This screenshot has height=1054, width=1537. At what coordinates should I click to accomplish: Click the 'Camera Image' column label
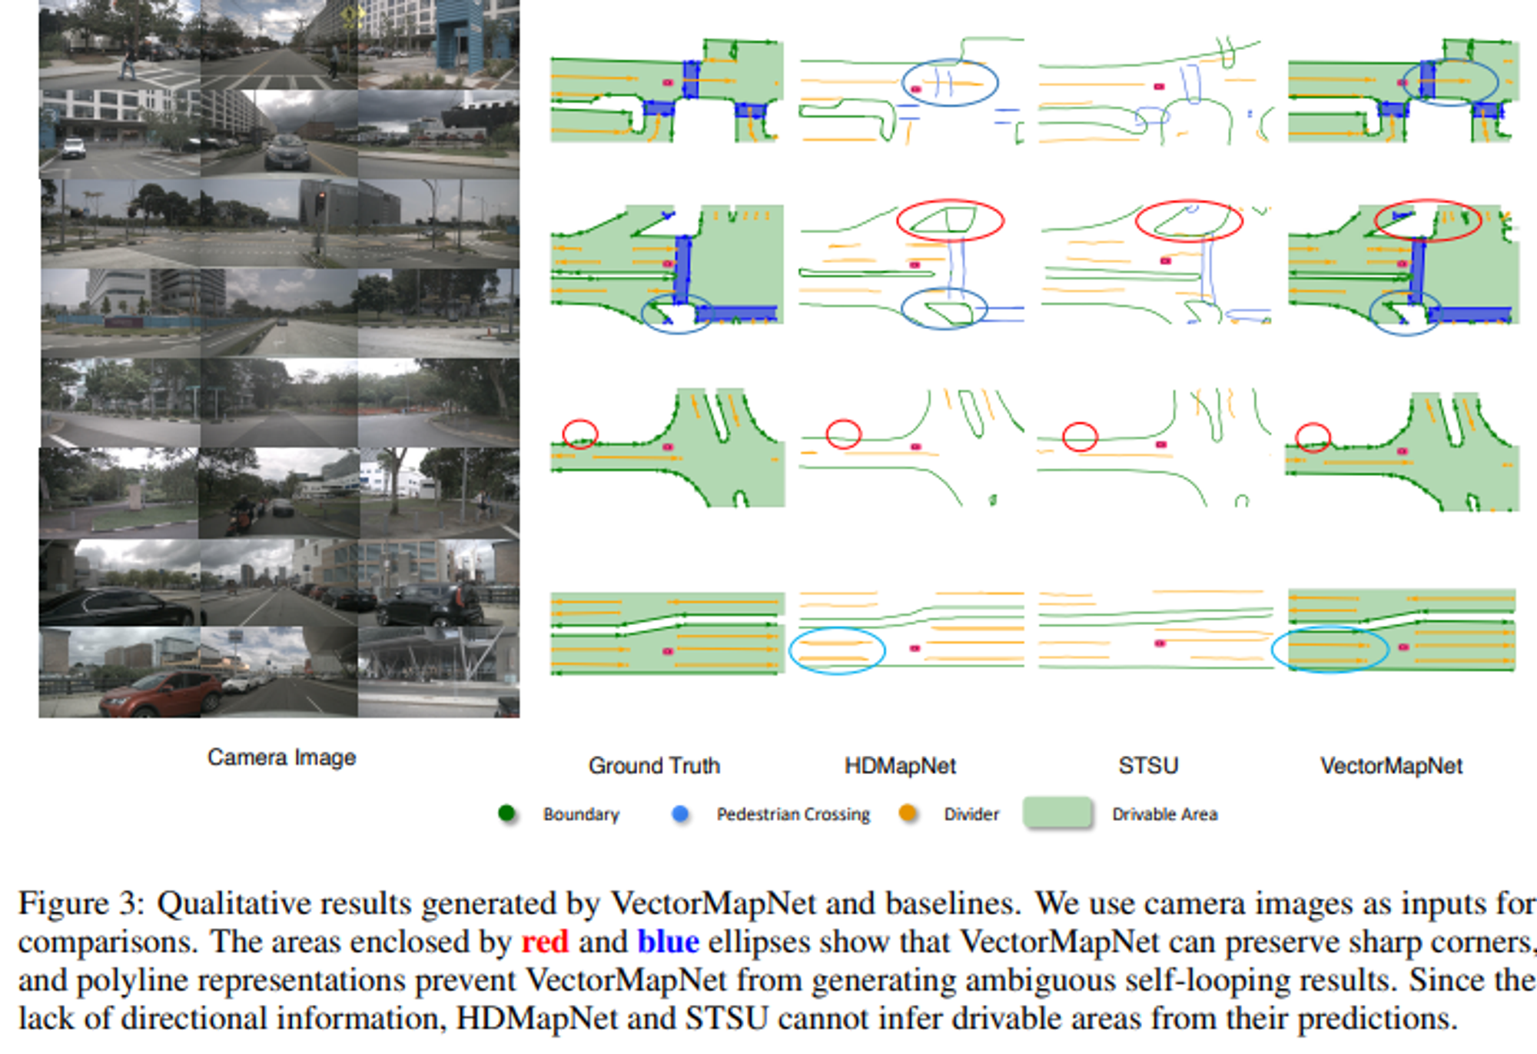pos(281,757)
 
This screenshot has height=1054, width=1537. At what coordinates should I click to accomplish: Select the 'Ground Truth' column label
pos(654,766)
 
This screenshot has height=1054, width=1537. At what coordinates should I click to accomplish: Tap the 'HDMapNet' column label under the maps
pos(900,766)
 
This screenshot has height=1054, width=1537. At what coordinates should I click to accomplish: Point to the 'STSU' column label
pos(1148,766)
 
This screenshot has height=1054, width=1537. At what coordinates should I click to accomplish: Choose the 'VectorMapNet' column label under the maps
pos(1391,766)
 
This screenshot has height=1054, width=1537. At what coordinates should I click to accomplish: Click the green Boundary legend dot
pos(506,813)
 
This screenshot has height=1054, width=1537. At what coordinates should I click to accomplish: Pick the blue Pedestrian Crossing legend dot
pos(680,813)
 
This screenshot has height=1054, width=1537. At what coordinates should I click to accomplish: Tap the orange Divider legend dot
pos(908,813)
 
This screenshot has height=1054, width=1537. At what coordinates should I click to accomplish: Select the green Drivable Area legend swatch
pos(1057,813)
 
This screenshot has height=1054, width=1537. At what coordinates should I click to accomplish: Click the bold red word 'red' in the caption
pos(545,942)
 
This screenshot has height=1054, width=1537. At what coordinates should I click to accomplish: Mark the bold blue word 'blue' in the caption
pos(668,942)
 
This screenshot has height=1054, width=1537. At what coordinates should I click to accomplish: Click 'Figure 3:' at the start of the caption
pos(81,903)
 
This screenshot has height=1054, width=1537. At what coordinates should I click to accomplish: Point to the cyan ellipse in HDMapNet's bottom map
pos(837,651)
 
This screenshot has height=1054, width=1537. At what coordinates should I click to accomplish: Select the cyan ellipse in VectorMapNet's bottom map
pos(1330,649)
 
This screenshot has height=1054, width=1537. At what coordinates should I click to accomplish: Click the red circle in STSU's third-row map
pos(1080,437)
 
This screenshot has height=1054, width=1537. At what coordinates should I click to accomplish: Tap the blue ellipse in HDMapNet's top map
pos(950,82)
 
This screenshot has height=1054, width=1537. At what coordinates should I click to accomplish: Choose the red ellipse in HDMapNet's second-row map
pos(950,221)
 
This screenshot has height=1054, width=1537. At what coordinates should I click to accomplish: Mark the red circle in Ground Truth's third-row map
pos(579,434)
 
